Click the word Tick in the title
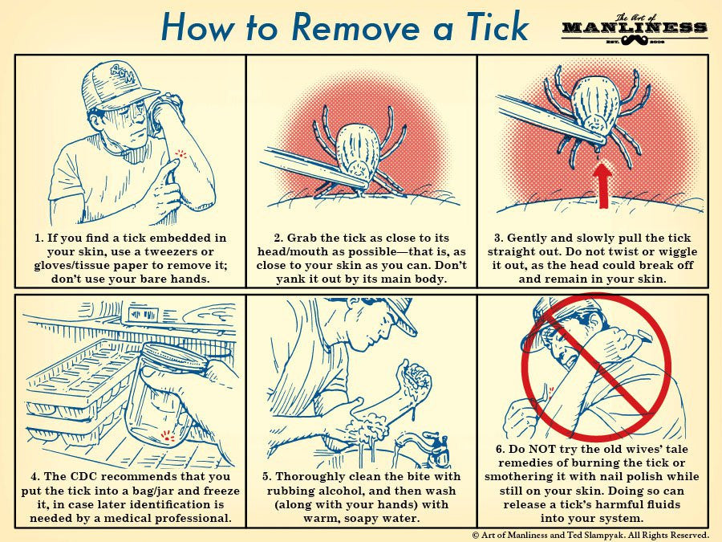(497, 26)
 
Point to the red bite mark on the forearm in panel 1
(181, 153)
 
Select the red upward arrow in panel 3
(602, 185)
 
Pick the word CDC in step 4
(86, 476)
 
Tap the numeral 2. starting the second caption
(278, 238)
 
